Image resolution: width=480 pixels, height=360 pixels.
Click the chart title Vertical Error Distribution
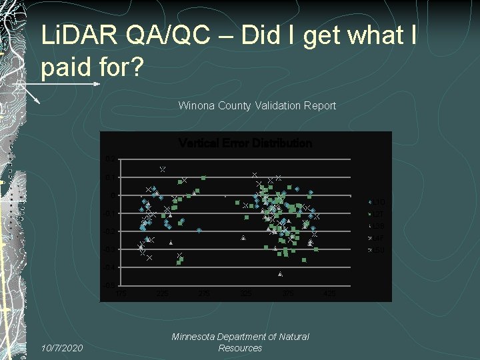pyautogui.click(x=245, y=143)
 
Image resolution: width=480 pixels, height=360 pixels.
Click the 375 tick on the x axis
pyautogui.click(x=287, y=293)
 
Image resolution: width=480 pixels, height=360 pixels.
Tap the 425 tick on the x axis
pyautogui.click(x=329, y=293)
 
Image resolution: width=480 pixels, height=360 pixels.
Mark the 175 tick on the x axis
pyautogui.click(x=120, y=293)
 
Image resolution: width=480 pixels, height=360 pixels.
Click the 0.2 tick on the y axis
pyautogui.click(x=108, y=159)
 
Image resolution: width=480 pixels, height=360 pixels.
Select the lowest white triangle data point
pyautogui.click(x=280, y=274)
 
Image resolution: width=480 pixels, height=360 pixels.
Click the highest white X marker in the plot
pyautogui.click(x=162, y=169)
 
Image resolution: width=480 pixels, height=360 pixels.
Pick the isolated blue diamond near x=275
pyautogui.click(x=199, y=231)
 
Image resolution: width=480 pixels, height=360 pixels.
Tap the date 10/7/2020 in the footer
pyautogui.click(x=63, y=348)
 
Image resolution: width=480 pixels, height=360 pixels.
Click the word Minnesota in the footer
pyautogui.click(x=194, y=337)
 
